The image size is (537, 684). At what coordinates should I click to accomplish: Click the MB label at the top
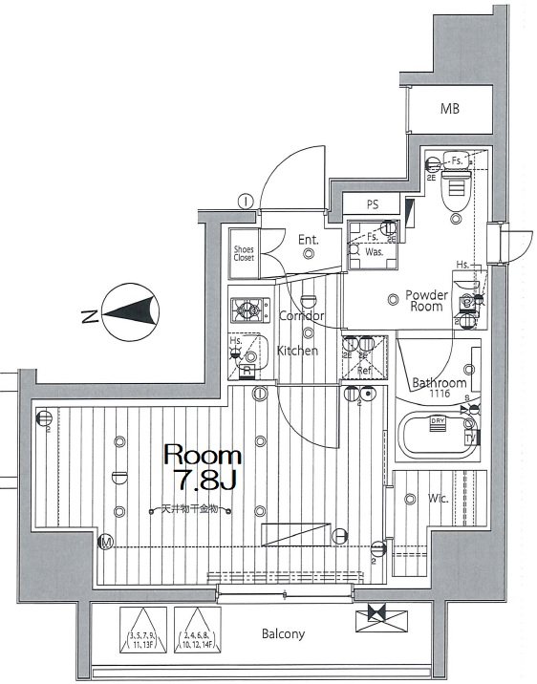coord(450,109)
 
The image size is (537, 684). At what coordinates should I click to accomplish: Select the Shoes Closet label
coord(245,254)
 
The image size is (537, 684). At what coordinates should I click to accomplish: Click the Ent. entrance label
coord(308,240)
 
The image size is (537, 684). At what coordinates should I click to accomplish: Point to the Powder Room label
coord(426,301)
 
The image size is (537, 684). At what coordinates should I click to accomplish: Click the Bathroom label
coord(439,383)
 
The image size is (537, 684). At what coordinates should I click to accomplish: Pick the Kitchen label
coord(297,351)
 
